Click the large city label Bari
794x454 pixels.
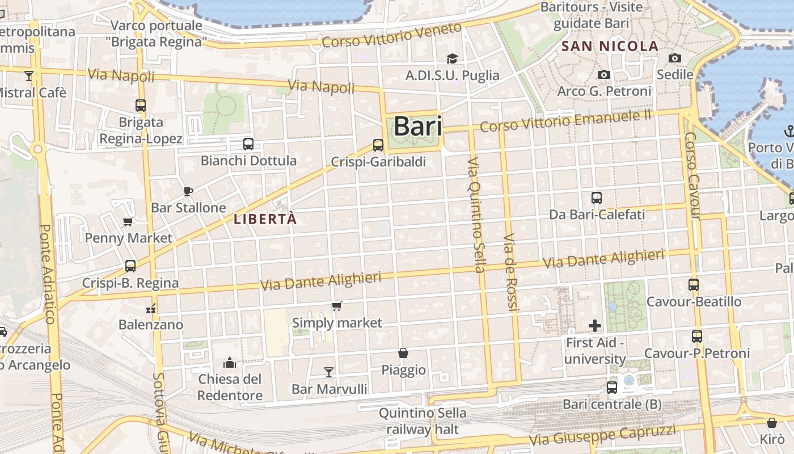417,126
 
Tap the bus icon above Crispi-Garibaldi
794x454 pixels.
378,145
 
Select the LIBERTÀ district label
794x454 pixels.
265,219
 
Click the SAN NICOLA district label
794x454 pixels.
610,47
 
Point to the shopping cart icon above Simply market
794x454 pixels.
337,306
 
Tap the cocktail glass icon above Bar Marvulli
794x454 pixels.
329,372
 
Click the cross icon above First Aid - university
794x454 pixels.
595,326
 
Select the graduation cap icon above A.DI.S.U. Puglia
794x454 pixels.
452,58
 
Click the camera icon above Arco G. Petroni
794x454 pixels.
604,74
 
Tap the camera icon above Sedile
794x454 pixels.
675,58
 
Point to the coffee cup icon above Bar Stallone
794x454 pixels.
188,191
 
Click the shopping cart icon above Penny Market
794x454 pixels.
128,221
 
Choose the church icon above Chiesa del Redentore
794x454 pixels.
230,362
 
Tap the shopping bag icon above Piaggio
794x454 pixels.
403,353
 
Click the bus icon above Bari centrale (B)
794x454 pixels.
611,388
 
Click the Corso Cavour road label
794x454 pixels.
692,176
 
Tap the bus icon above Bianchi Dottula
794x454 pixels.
248,144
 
